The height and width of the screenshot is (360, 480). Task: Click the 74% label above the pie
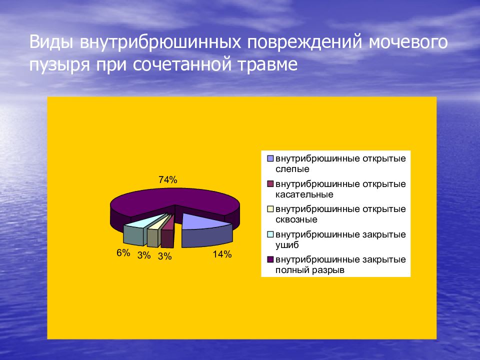coord(168,180)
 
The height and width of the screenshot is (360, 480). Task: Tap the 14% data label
coord(222,254)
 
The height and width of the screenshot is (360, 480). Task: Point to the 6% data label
coord(123,253)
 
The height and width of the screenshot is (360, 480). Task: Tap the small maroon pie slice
coord(168,234)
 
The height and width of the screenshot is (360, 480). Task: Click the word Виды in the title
coord(51,42)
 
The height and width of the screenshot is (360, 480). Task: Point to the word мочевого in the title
coord(408,42)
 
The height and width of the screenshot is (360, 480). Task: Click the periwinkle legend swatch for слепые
coord(270,158)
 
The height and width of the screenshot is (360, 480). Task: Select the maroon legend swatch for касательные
coord(270,184)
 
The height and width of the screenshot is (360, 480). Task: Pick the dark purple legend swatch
coord(270,259)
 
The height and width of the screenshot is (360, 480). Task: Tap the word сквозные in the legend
coord(296,219)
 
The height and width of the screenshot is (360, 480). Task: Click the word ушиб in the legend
coord(287,245)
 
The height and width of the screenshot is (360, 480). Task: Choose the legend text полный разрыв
coord(310,270)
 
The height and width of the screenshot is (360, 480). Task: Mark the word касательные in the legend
coord(304,194)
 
